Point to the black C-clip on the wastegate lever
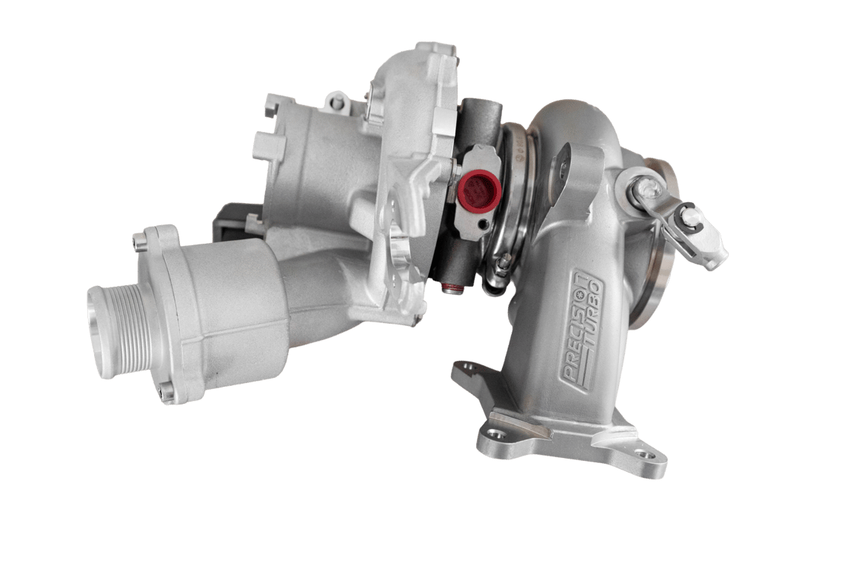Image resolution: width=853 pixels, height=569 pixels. click(687, 217)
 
